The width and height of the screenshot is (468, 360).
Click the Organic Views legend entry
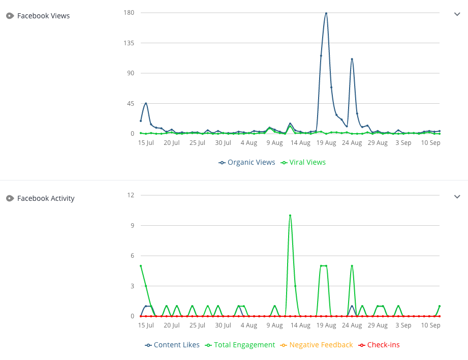click(x=247, y=163)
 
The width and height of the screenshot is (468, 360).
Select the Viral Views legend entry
click(x=303, y=163)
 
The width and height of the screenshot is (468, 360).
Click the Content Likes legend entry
click(x=172, y=345)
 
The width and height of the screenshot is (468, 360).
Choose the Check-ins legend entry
click(x=379, y=345)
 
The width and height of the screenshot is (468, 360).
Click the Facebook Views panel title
click(x=43, y=16)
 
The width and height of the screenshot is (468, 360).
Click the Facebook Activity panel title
click(x=46, y=198)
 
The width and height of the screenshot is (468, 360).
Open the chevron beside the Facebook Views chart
click(x=457, y=14)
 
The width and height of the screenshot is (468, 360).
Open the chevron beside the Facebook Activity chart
click(x=457, y=197)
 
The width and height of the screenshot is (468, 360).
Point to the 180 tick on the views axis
click(x=128, y=12)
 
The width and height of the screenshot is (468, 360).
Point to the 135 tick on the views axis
click(x=128, y=43)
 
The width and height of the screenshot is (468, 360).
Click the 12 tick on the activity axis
click(x=131, y=195)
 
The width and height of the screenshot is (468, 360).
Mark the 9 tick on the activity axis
click(x=132, y=225)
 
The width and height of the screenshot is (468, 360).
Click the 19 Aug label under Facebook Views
click(x=326, y=143)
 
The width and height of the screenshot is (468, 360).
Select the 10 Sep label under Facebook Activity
click(x=430, y=325)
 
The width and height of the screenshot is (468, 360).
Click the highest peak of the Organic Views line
click(x=326, y=13)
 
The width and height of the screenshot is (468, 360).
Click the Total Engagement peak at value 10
click(x=290, y=215)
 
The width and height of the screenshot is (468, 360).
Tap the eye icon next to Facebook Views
click(x=10, y=16)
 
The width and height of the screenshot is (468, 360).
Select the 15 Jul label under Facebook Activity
click(x=146, y=325)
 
